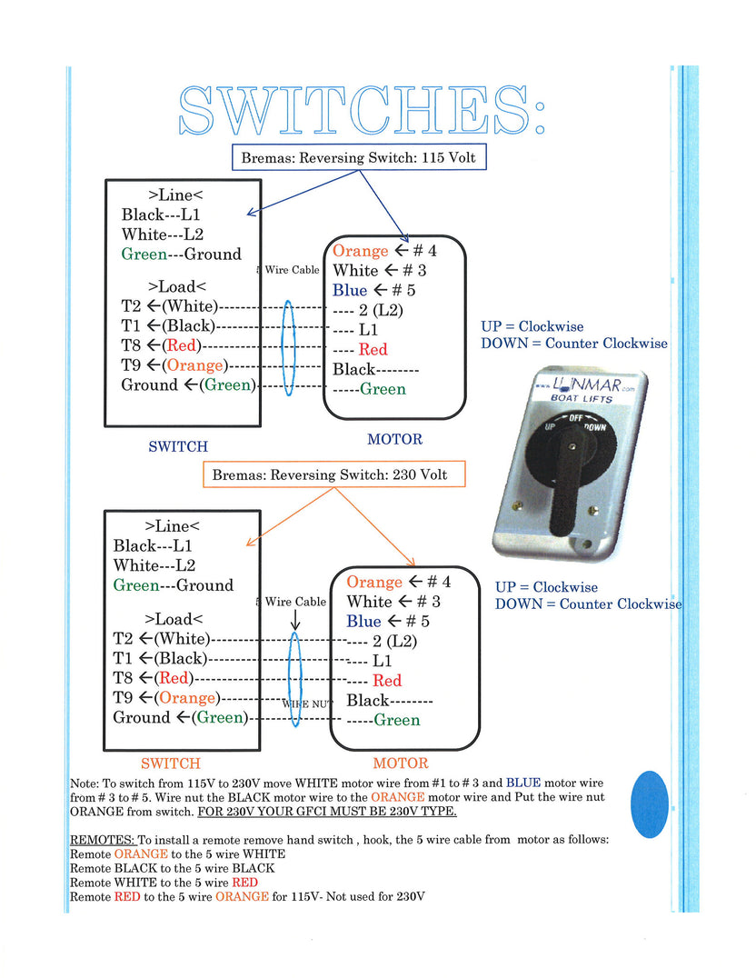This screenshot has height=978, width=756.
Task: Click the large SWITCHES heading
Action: pyautogui.click(x=362, y=111)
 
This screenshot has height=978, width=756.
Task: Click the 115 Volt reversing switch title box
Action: pyautogui.click(x=357, y=157)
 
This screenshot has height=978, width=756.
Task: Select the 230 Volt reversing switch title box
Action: pyautogui.click(x=330, y=474)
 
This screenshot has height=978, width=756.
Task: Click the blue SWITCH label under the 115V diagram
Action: pyautogui.click(x=178, y=446)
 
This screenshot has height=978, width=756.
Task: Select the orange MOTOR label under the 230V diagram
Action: pyautogui.click(x=400, y=763)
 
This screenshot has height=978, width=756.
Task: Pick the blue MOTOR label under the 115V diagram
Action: pyautogui.click(x=394, y=439)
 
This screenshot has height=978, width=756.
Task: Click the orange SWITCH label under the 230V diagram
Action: pyautogui.click(x=171, y=763)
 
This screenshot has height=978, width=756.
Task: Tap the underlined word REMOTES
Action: pyautogui.click(x=103, y=839)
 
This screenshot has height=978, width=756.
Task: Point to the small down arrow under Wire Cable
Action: pyautogui.click(x=295, y=620)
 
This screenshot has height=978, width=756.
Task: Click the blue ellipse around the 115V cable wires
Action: pyautogui.click(x=290, y=348)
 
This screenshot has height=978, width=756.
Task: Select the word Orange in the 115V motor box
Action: pyautogui.click(x=360, y=251)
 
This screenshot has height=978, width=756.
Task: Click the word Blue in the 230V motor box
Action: pyautogui.click(x=363, y=622)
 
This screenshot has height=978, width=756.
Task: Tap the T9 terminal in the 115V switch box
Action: pyautogui.click(x=134, y=365)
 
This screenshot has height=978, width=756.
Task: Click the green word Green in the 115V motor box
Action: pyautogui.click(x=383, y=389)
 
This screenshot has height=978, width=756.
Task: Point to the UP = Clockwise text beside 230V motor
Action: pyautogui.click(x=546, y=587)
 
